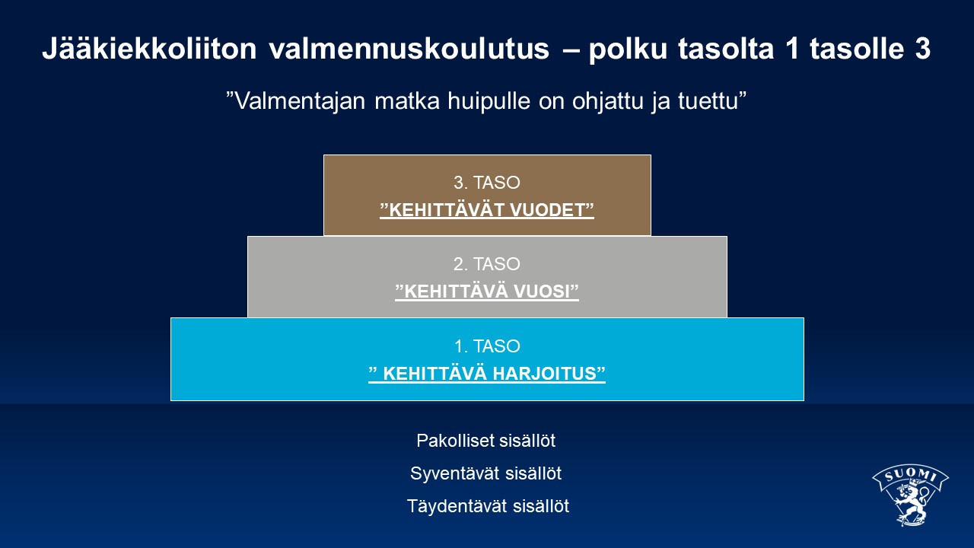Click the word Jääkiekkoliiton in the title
149,48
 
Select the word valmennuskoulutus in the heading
409,48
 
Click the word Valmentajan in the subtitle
300,101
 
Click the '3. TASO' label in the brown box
486,183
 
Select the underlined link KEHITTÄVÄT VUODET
487,210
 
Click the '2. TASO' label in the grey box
486,264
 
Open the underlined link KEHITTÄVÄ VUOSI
487,292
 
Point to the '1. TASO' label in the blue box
487,346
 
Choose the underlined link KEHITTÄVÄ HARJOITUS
487,374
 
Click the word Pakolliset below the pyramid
455,441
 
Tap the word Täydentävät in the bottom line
457,506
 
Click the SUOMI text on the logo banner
910,474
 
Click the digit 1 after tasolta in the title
792,48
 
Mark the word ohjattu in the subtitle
607,102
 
